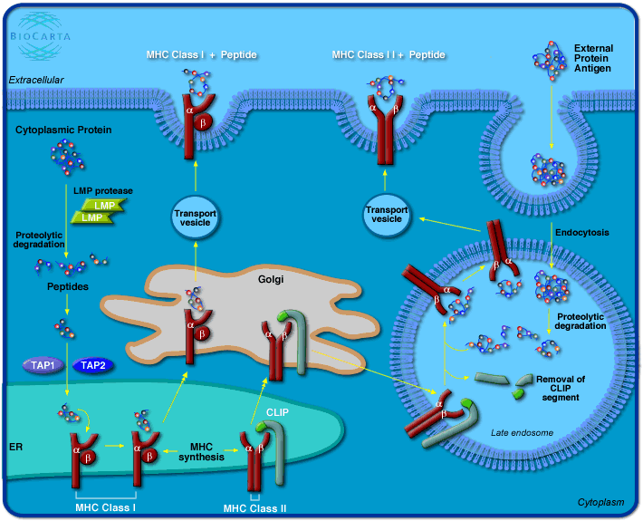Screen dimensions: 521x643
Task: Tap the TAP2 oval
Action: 93,365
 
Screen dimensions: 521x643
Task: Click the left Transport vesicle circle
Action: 195,218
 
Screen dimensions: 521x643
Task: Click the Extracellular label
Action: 36,80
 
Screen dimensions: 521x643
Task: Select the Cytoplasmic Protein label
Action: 63,130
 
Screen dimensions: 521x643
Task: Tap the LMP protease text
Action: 102,191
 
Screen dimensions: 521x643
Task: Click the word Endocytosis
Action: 581,233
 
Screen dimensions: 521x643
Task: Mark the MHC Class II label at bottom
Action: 254,508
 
